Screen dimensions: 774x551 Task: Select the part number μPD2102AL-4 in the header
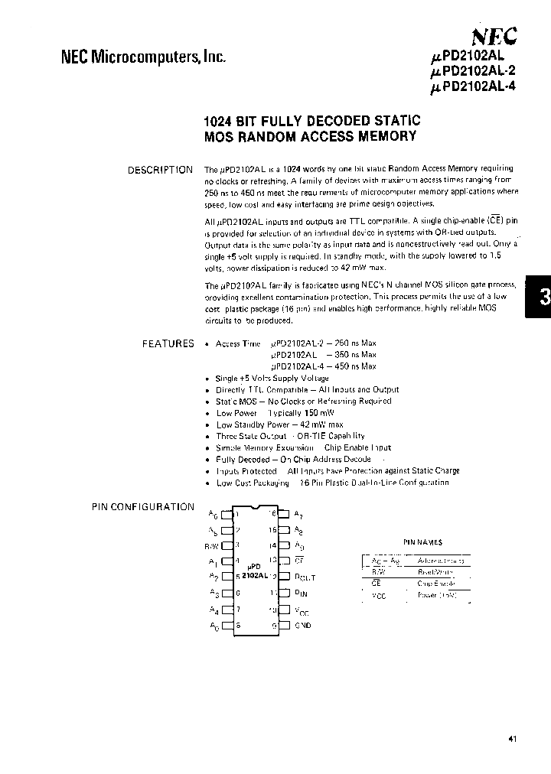coord(474,86)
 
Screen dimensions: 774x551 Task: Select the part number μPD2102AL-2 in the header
coord(474,71)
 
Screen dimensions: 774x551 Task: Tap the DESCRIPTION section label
coord(161,170)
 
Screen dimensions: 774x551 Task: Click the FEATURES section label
coord(168,343)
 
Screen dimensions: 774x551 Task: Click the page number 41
coord(512,739)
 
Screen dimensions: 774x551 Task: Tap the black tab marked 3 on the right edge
coord(540,298)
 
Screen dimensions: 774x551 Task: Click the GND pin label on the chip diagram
coord(303,626)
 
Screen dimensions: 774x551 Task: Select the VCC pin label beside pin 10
coord(303,610)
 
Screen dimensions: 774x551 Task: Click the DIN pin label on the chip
coord(302,594)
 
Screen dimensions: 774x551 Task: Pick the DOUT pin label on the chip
coord(305,577)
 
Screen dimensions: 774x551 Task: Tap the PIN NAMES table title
coord(422,541)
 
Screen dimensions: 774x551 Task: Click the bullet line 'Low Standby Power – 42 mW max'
coord(279,424)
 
